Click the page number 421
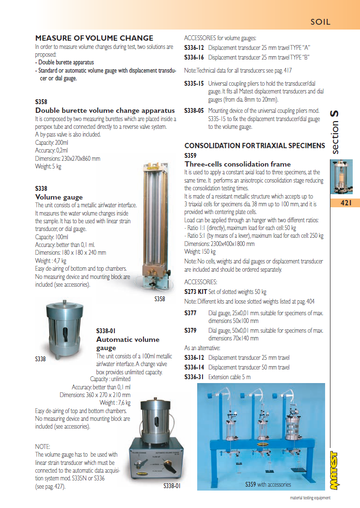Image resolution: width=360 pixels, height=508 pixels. click(345, 203)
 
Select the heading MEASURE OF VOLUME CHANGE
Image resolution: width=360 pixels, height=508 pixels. click(94, 38)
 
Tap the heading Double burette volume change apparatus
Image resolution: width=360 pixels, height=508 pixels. click(105, 110)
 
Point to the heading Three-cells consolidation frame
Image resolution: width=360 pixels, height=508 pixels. click(237, 164)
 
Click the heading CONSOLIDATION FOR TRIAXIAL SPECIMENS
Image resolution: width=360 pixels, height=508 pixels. click(255, 146)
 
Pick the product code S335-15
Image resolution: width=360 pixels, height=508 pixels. click(194, 83)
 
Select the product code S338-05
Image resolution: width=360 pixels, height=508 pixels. click(194, 110)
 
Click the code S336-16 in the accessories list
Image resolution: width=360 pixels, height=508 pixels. click(194, 57)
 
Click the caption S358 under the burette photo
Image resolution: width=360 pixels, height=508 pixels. click(160, 299)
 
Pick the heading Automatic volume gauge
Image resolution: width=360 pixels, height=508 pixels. click(127, 343)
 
